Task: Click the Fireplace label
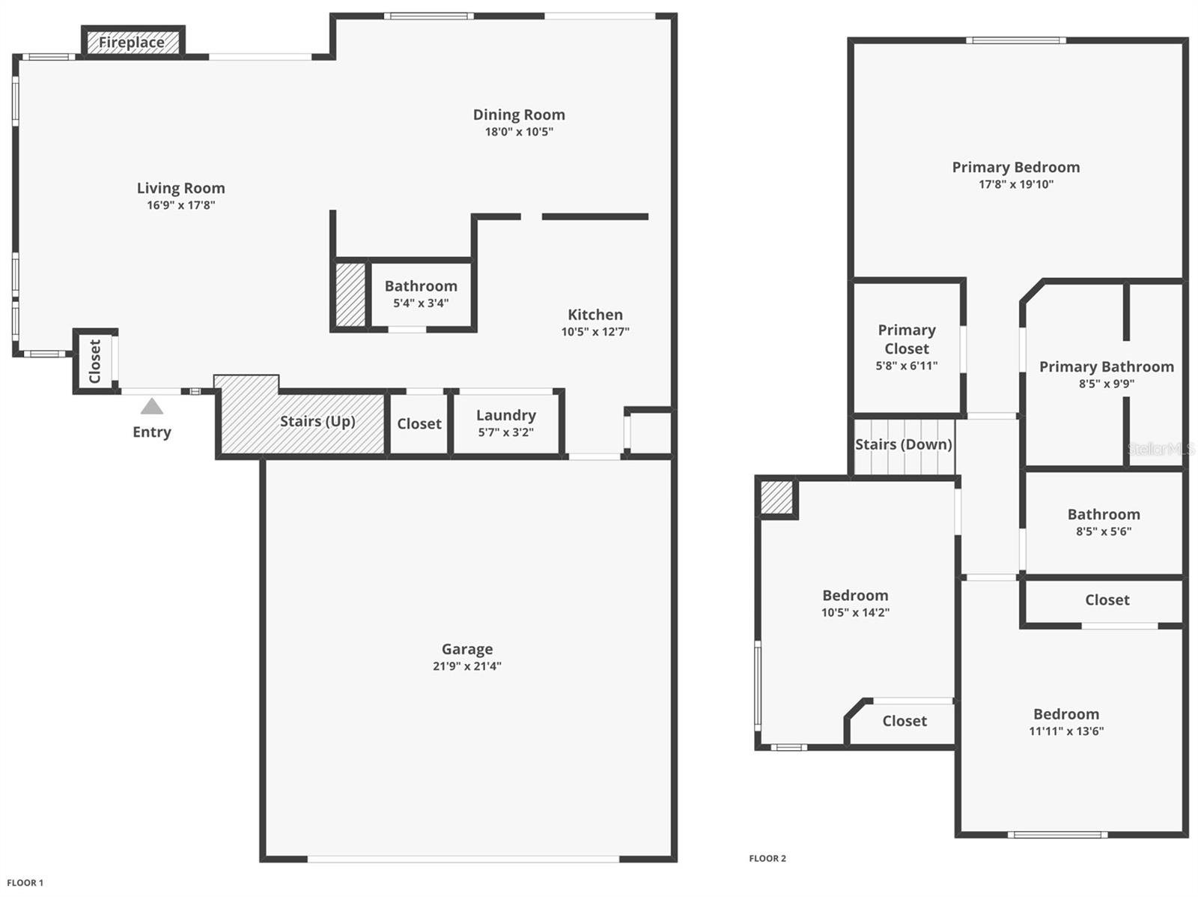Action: point(132,43)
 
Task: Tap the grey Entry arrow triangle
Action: point(152,406)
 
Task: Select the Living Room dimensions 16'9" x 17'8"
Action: point(181,205)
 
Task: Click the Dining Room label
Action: point(519,115)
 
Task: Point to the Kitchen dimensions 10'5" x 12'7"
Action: point(595,332)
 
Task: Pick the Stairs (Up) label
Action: point(317,421)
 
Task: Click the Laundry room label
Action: point(506,415)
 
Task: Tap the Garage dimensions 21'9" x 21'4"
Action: point(467,666)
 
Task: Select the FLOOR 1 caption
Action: point(25,883)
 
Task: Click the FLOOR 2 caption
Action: point(767,859)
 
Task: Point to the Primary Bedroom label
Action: point(1016,167)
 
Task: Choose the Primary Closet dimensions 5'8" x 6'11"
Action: point(907,366)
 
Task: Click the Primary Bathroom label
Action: point(1107,366)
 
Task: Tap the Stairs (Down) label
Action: point(904,444)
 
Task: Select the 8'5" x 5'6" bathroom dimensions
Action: point(1104,532)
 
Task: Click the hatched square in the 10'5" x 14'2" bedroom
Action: point(776,498)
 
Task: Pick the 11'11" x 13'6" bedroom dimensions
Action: point(1066,731)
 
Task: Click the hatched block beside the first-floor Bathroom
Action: point(350,295)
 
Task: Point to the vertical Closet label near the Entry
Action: point(95,361)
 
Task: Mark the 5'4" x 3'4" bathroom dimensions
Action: point(421,303)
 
